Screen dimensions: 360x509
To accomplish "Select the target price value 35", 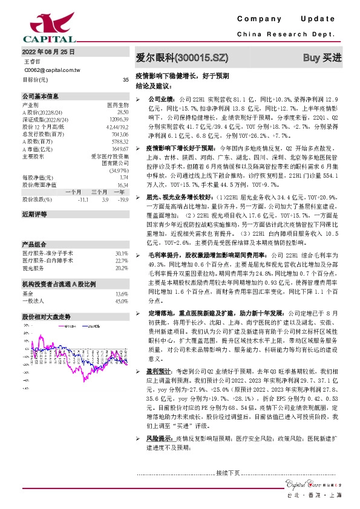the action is pos(125,79).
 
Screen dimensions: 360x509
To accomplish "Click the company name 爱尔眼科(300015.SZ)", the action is pos(182,58).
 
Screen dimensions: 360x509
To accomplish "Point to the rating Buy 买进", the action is pos(322,58).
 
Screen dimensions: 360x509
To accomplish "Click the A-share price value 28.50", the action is pos(123,112).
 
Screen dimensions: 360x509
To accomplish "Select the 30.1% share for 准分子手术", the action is pos(122,236).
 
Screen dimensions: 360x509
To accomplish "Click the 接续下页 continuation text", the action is pos(228,473).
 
